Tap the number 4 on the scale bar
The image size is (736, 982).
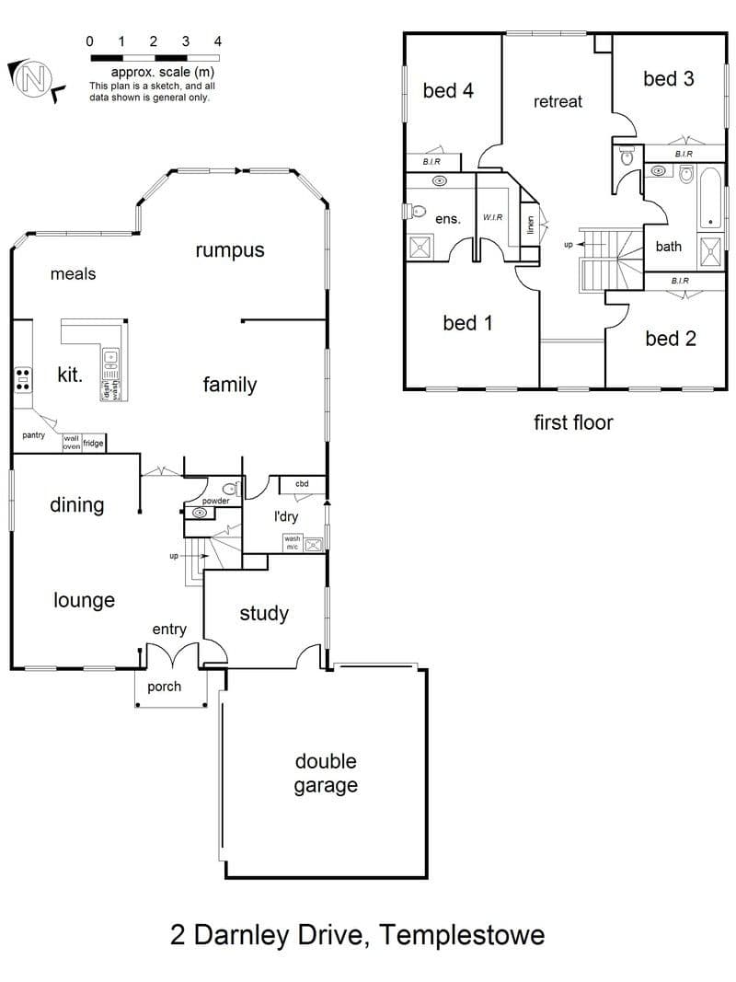[x=218, y=41]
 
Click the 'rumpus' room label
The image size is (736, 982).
[x=230, y=250]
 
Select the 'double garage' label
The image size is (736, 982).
[x=326, y=773]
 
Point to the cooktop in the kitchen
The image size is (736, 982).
[x=23, y=379]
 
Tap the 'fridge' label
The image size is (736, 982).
[x=93, y=443]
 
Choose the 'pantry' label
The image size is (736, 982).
[x=33, y=435]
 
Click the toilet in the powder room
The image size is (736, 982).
[x=230, y=489]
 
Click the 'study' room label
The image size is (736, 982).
[x=264, y=614]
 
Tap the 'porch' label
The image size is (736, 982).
[x=164, y=687]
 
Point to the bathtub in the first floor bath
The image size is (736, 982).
[x=709, y=198]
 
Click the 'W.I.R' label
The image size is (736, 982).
[x=492, y=217]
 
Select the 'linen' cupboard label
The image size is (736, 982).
[x=531, y=225]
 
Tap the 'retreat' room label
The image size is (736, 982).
[x=558, y=101]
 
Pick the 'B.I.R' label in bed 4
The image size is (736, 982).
[x=431, y=162]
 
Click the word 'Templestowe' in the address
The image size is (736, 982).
[x=463, y=935]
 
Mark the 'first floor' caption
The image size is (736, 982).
[x=573, y=422]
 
